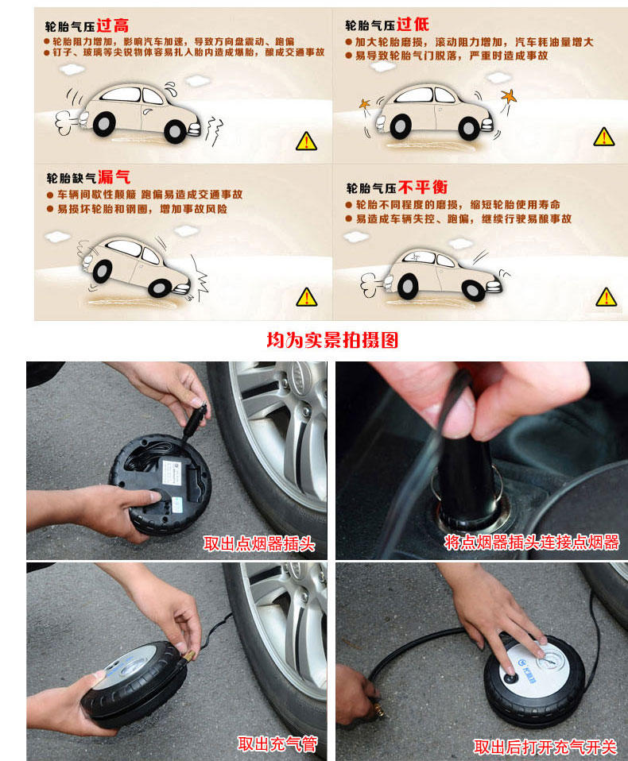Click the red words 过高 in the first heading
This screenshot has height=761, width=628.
coord(113,25)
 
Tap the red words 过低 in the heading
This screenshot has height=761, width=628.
coord(413,25)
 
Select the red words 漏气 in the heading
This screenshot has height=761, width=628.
coord(114,176)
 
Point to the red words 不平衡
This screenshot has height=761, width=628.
coord(423,187)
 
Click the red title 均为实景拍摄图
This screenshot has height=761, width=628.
coord(333,340)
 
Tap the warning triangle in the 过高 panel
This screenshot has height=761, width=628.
coord(307,141)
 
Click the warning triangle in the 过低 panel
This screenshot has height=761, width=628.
coord(604,137)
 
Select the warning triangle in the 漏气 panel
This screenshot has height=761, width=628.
coord(307,297)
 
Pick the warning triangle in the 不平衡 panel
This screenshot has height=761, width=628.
coord(607,297)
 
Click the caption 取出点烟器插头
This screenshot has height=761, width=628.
coord(259,543)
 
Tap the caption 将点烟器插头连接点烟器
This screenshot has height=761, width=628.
coord(532,542)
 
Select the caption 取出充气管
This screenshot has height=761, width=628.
coord(277,744)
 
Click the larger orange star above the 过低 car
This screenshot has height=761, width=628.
coord(509,95)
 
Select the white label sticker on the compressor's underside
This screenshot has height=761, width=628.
coord(172,472)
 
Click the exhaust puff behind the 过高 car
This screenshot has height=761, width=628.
coord(64,123)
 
